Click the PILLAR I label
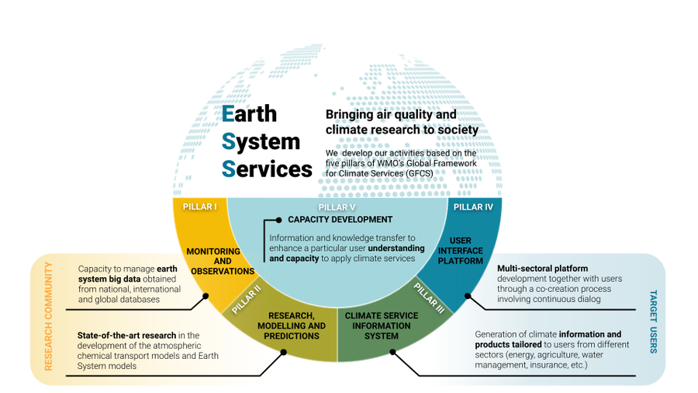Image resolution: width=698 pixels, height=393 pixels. click(200, 207)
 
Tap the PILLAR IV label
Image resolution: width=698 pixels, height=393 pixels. click(473, 207)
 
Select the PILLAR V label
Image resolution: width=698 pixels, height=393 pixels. click(337, 207)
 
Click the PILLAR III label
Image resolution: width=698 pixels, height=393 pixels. click(429, 298)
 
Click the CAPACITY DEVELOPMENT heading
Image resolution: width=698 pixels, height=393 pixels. click(340, 219)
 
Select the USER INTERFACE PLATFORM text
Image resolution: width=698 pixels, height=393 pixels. click(460, 250)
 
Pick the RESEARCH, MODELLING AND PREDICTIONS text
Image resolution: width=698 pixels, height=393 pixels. click(292, 325)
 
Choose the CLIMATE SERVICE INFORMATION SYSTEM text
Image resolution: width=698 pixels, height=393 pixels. click(382, 325)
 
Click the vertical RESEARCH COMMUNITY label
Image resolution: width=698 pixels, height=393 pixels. click(48, 316)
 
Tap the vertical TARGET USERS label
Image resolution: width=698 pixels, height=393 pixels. click(653, 322)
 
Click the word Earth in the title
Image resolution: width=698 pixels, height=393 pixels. click(249, 113)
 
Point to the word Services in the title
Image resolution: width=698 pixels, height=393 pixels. click(267, 169)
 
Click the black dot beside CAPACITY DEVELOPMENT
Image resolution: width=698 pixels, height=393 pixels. click(278, 220)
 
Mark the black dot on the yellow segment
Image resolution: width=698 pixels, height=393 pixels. click(206, 296)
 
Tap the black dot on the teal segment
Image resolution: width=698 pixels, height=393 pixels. click(468, 296)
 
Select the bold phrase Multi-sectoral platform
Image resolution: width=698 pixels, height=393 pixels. click(542, 268)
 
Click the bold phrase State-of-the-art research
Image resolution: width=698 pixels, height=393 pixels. click(126, 335)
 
